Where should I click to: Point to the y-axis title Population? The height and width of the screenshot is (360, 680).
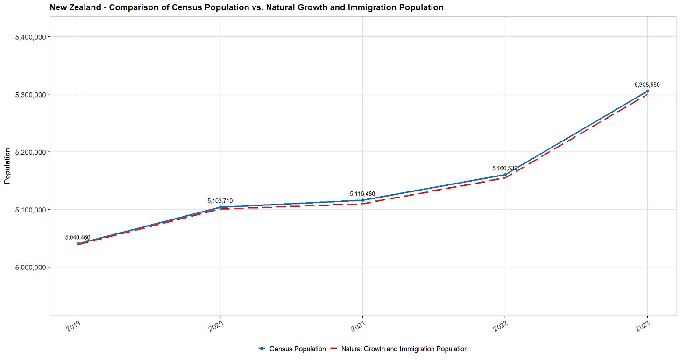(x=7, y=166)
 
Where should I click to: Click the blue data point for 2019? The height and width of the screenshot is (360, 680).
(x=78, y=244)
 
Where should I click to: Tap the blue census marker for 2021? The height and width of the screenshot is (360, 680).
(x=362, y=200)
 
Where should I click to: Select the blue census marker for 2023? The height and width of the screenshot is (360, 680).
(x=647, y=92)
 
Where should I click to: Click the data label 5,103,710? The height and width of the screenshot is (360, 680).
(x=220, y=201)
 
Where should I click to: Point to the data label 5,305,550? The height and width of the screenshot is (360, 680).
(x=647, y=85)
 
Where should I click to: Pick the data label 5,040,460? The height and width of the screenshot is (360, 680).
(x=78, y=237)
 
